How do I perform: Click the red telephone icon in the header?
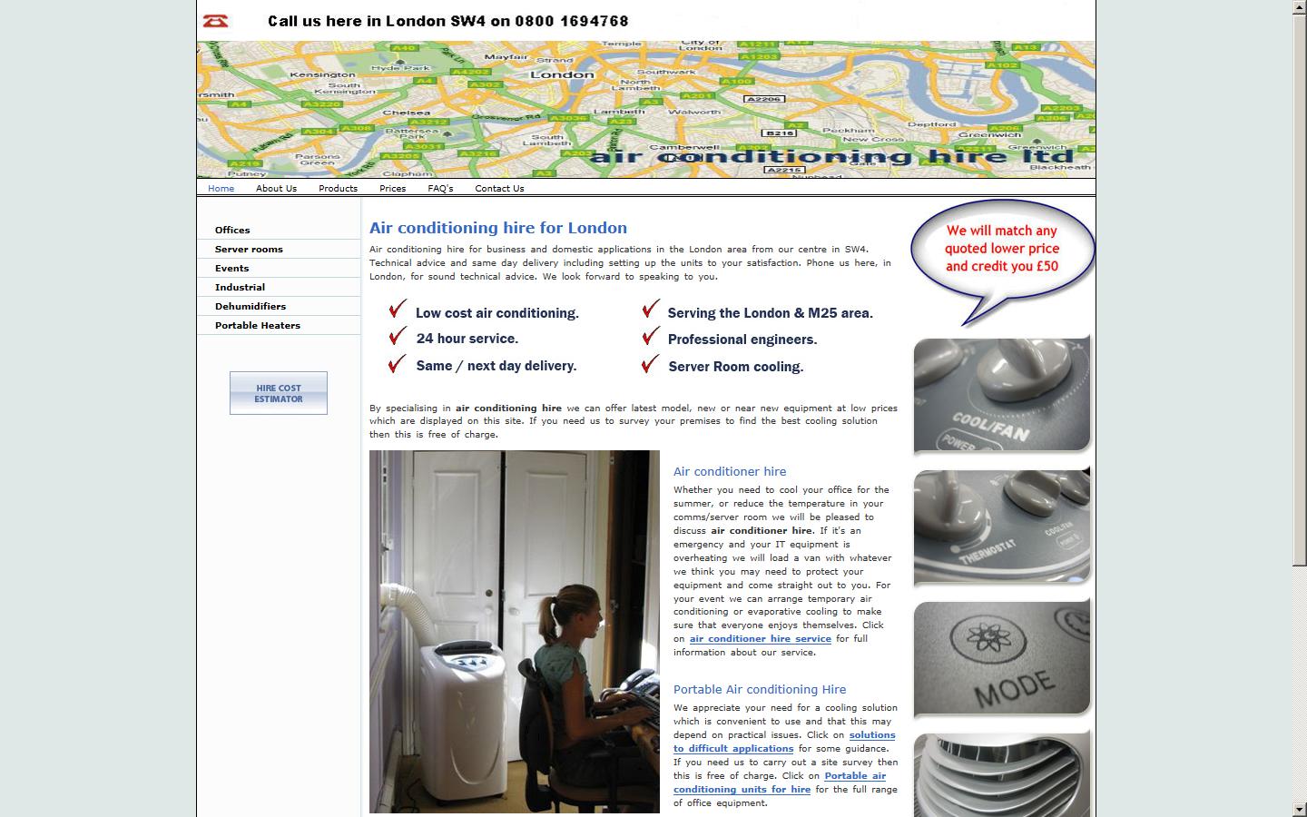point(215,21)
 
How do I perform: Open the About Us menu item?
point(276,189)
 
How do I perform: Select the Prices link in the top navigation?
point(392,189)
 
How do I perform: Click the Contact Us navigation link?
point(499,189)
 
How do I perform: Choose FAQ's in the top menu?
point(440,189)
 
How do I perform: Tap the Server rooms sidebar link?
point(249,250)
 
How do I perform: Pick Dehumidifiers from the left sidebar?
point(251,307)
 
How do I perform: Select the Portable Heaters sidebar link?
point(258,326)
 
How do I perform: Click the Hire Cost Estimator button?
point(279,393)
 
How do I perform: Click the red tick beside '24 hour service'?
point(398,337)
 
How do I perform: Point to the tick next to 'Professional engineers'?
point(650,337)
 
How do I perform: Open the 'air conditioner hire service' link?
point(760,639)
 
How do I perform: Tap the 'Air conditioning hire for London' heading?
point(498,229)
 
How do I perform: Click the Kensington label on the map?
point(323,74)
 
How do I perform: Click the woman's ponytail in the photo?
point(552,606)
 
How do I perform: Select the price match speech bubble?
point(1002,250)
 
